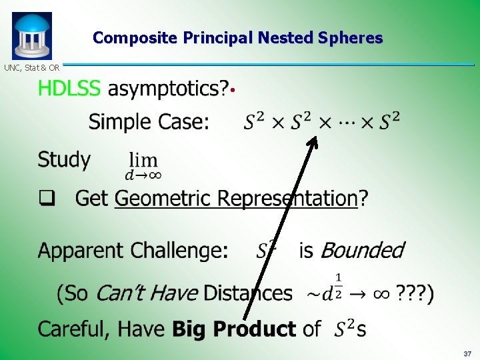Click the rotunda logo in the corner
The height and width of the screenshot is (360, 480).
[x=31, y=35]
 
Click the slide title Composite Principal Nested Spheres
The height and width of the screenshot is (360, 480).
[x=238, y=38]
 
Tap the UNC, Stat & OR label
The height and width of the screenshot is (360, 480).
[x=31, y=67]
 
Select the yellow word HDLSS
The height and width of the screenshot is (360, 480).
[x=69, y=89]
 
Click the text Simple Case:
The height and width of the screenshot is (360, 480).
[x=149, y=122]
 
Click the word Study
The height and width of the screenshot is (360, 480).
[x=64, y=160]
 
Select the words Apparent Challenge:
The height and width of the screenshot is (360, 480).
[x=133, y=251]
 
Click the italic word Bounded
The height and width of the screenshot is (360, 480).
[x=362, y=251]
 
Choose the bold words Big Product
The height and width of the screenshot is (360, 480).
[x=234, y=329]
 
